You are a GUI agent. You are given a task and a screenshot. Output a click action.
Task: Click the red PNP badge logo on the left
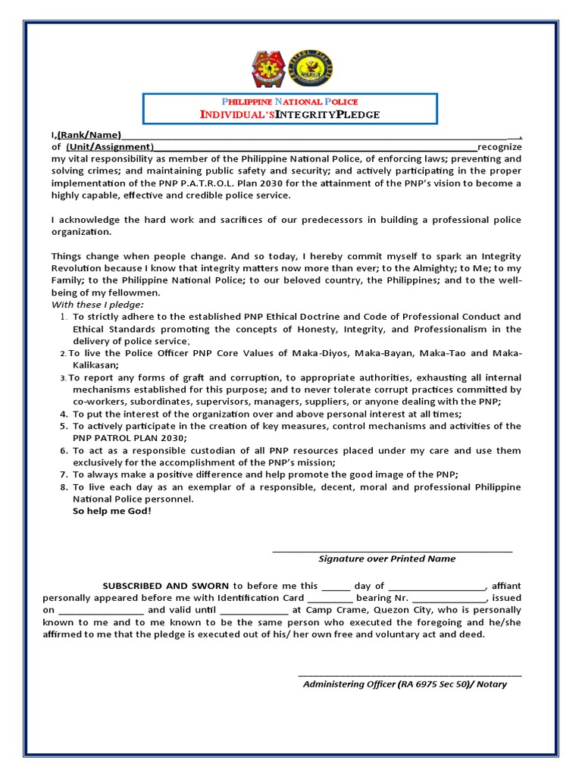click(269, 69)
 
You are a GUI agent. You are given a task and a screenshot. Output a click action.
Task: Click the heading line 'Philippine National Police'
click(289, 102)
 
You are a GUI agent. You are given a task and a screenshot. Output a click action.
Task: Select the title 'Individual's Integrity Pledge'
click(289, 114)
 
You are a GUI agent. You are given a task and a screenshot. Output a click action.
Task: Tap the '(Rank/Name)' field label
click(89, 135)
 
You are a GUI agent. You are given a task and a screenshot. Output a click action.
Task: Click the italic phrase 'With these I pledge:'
click(97, 305)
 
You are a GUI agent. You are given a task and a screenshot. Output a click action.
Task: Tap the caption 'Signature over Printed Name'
click(387, 559)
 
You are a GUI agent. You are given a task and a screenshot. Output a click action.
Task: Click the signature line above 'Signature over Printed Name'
click(392, 551)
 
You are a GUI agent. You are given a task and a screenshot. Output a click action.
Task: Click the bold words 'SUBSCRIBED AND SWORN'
click(167, 586)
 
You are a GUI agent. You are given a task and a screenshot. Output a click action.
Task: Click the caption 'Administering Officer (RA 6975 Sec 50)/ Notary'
click(405, 684)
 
